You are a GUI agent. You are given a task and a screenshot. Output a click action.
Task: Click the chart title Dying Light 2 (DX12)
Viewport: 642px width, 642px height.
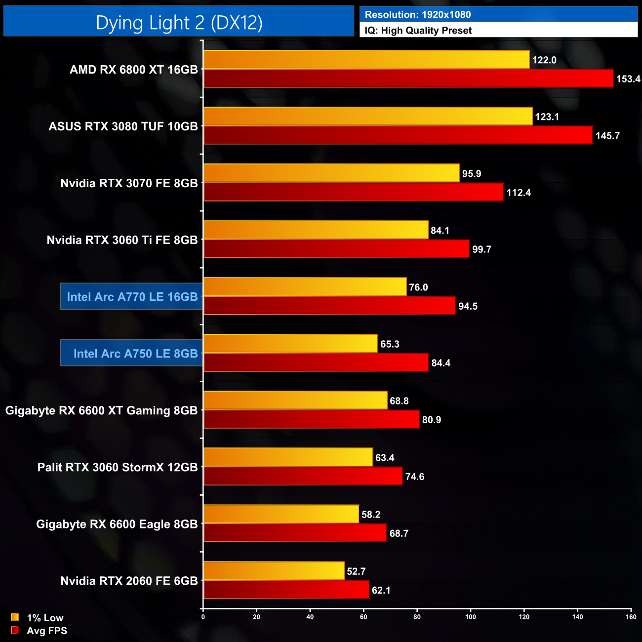[179, 22]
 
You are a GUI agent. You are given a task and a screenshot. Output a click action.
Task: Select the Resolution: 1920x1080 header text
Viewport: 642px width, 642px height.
[418, 14]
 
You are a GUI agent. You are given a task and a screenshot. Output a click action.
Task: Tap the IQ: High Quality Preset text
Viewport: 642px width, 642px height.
[418, 31]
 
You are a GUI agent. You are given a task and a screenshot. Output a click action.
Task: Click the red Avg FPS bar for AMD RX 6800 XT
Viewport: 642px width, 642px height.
[408, 79]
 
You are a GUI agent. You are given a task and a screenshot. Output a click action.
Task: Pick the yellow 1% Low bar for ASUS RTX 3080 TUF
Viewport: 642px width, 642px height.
[368, 116]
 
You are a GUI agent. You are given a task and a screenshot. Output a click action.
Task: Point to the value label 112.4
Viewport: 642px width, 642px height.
[519, 193]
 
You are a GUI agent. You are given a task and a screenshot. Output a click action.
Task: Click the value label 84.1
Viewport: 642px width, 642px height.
[440, 231]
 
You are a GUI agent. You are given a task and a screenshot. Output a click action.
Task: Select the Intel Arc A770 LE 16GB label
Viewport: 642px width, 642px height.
[132, 297]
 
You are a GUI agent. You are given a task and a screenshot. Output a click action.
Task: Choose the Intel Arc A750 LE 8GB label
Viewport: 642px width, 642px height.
[135, 354]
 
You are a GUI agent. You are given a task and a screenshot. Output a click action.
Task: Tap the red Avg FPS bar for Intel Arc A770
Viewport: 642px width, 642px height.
[329, 306]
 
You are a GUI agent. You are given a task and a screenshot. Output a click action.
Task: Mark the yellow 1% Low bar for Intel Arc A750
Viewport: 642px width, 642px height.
[291, 344]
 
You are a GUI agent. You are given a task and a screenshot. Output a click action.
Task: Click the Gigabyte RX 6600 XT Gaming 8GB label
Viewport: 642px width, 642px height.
[101, 410]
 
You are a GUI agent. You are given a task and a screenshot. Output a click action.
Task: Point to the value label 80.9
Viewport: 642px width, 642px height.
[432, 420]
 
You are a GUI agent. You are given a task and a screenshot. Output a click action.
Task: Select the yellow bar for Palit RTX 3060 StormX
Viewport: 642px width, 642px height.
[288, 457]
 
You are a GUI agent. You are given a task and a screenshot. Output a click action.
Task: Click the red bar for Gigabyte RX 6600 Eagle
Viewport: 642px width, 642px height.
[295, 533]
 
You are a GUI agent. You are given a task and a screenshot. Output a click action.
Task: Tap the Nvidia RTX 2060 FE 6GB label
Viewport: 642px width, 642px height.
[129, 581]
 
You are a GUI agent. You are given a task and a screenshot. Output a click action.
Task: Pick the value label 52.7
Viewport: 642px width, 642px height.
[356, 571]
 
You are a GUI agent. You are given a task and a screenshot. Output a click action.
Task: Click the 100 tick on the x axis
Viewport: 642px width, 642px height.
[471, 617]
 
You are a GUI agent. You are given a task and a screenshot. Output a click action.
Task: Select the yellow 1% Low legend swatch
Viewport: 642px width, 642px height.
[15, 617]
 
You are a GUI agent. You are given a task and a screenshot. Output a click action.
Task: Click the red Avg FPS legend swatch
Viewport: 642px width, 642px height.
[15, 630]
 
